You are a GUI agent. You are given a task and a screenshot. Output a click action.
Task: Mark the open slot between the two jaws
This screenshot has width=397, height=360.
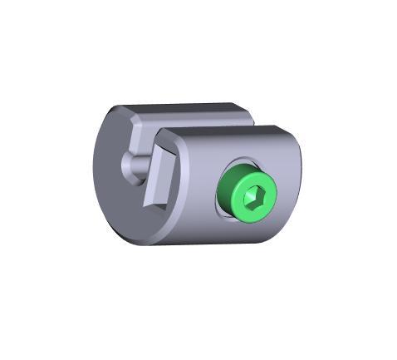(203, 121)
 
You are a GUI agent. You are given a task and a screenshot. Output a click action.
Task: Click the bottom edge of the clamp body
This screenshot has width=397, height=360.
(208, 244)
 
